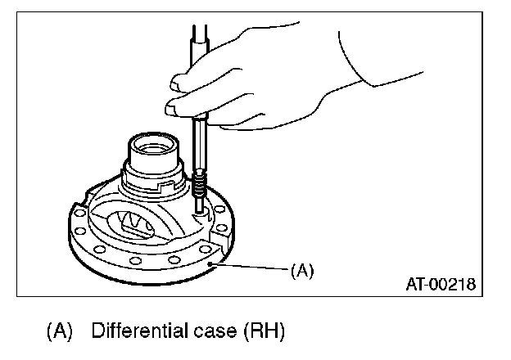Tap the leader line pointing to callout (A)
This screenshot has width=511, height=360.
249,266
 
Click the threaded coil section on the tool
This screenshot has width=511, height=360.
201,183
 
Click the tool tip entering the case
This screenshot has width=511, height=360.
199,209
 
